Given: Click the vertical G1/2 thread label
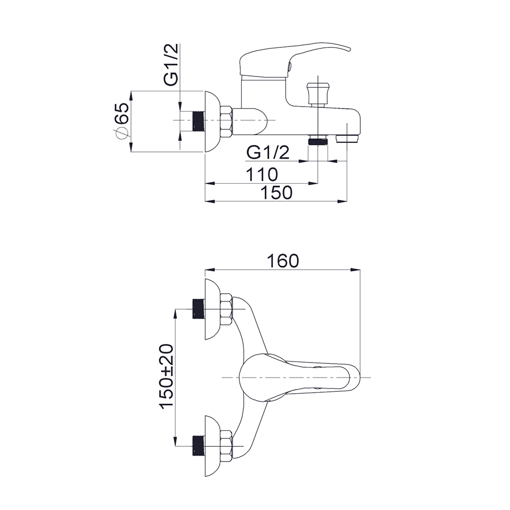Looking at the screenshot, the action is click(171, 65).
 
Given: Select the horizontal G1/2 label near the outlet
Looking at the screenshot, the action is click(268, 152).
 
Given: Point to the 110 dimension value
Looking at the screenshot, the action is click(262, 174).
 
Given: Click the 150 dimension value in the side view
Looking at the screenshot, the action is click(277, 192).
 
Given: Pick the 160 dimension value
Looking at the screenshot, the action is click(283, 261).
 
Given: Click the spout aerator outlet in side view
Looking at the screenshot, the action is click(347, 139).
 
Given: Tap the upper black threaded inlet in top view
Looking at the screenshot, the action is click(198, 309).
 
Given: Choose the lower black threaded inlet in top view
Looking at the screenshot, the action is click(198, 446).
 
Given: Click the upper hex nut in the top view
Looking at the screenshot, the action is click(226, 309).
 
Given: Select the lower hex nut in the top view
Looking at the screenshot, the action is click(226, 446).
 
